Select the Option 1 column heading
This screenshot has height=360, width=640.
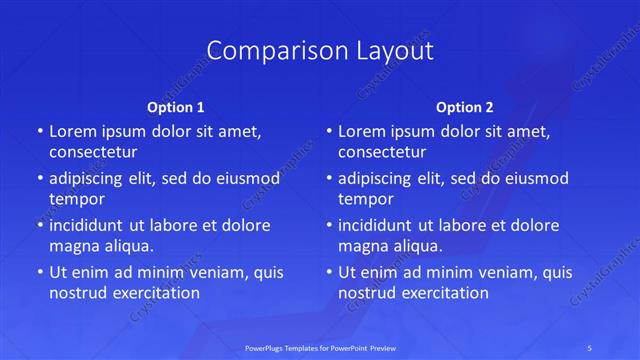pyautogui.click(x=175, y=106)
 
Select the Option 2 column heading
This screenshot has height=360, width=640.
pyautogui.click(x=465, y=106)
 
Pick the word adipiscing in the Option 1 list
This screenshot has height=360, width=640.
pyautogui.click(x=89, y=179)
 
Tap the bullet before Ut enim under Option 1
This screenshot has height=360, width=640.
pyautogui.click(x=39, y=272)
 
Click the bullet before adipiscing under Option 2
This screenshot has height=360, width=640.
pyautogui.click(x=328, y=179)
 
